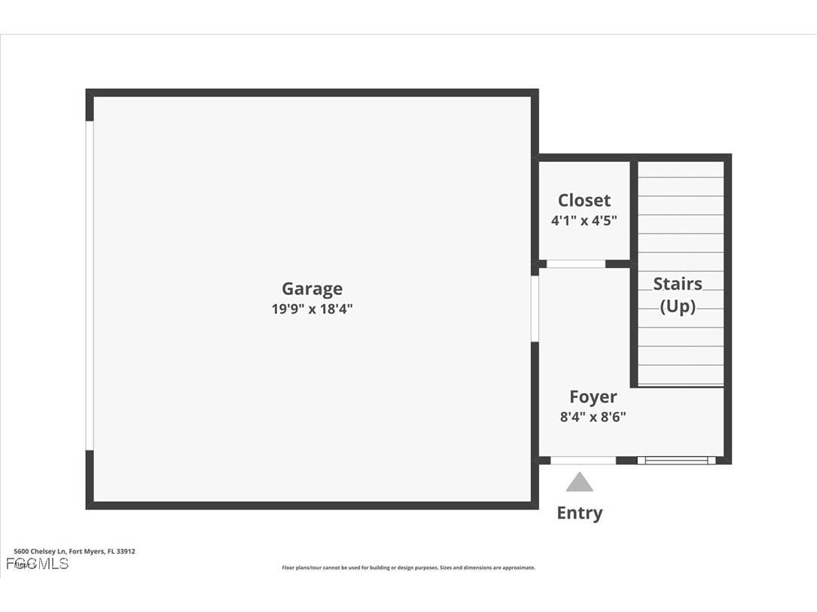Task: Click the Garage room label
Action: pos(312,288)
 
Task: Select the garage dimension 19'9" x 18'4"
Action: pos(312,309)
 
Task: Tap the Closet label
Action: pos(584,200)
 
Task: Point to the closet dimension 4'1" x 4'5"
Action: pos(584,221)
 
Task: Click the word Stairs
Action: pos(678,284)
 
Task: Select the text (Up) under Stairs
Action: pos(678,306)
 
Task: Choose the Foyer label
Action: pos(593,397)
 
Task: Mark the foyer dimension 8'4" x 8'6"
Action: pos(593,416)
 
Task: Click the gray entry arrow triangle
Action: pos(579,483)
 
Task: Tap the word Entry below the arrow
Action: pos(579,513)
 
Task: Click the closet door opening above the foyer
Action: pos(576,264)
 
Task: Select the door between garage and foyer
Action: pos(535,309)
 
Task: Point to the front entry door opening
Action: pos(583,460)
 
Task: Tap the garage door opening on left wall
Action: pos(90,285)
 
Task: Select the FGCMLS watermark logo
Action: pos(37,563)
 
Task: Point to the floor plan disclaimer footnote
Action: pos(408,568)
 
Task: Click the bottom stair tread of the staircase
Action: pos(681,376)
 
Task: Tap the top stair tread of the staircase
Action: pos(681,169)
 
